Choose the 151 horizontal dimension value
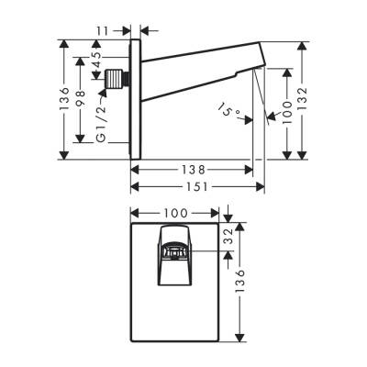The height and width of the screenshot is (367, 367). (197, 187)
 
